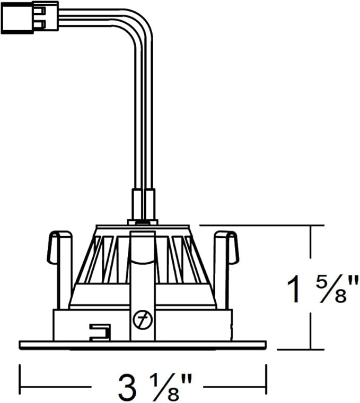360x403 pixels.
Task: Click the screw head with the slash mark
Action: click(143, 320)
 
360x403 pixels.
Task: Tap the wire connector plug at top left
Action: click(30, 17)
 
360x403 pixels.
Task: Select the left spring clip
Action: click(59, 270)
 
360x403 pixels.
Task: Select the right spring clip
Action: click(226, 270)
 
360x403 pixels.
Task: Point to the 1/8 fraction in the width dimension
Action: click(165, 389)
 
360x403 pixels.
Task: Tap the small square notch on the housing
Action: click(100, 333)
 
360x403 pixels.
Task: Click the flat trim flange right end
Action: click(266, 345)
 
